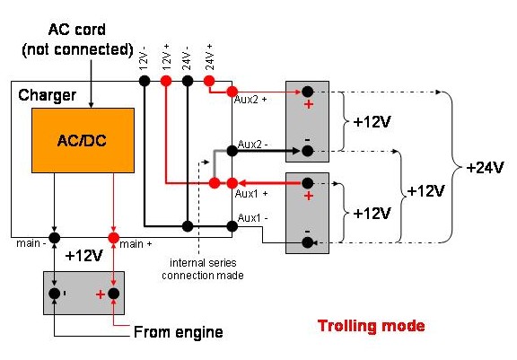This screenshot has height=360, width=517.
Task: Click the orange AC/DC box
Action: (83, 140)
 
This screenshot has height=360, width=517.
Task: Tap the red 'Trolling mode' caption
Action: (372, 326)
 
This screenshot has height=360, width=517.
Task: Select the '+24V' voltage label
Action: (485, 168)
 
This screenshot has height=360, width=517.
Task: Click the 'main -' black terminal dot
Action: (55, 238)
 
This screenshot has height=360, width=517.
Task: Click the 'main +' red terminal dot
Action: (113, 238)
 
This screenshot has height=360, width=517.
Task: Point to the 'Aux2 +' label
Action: (250, 100)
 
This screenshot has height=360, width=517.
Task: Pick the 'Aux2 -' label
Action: (252, 144)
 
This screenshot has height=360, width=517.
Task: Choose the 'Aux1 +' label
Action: (251, 194)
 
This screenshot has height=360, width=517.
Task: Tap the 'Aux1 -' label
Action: (252, 218)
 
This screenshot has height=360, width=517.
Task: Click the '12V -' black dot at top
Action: (145, 81)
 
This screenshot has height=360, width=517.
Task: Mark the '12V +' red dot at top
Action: (166, 81)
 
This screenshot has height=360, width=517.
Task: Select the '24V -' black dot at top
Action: (188, 81)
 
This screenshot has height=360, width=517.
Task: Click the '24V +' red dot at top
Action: (209, 81)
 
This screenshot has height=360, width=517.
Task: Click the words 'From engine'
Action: (179, 332)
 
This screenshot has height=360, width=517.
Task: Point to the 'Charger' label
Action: (48, 95)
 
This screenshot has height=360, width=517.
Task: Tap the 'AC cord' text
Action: (77, 30)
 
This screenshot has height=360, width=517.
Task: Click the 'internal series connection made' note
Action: (203, 269)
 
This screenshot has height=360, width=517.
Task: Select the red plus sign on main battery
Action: (101, 294)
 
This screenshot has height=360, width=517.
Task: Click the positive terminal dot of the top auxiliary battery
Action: (307, 92)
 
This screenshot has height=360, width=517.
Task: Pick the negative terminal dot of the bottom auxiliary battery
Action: (307, 243)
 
